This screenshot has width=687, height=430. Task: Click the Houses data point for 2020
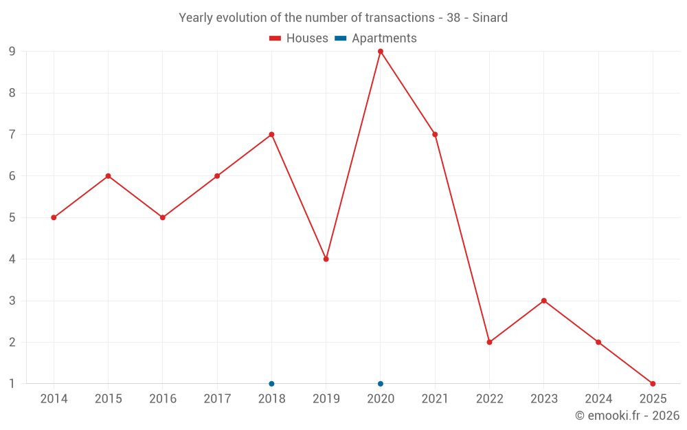click(x=381, y=52)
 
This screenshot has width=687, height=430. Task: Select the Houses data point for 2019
click(x=326, y=259)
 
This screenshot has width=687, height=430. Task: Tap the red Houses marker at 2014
click(x=54, y=217)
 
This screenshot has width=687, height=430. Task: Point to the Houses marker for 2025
click(x=653, y=384)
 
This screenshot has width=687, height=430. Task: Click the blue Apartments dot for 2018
click(x=271, y=384)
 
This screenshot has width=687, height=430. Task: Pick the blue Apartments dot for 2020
click(x=381, y=384)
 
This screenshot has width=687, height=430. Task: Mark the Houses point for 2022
click(x=489, y=342)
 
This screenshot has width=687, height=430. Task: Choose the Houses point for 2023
click(x=544, y=301)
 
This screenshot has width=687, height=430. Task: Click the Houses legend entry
click(x=299, y=39)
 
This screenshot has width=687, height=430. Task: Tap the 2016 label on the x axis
click(x=163, y=399)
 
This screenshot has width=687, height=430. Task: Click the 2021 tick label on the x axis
click(x=435, y=399)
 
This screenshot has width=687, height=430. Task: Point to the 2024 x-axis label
click(x=598, y=399)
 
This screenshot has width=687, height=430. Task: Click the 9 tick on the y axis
click(x=12, y=52)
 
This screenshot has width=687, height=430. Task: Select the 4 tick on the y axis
click(x=12, y=259)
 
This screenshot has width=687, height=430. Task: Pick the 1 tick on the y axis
click(x=12, y=384)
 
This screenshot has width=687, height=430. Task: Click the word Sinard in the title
click(x=490, y=18)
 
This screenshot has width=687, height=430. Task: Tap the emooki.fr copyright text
click(x=627, y=416)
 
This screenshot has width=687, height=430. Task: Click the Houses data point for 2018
click(x=271, y=134)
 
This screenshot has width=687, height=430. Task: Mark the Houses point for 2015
click(x=108, y=176)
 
